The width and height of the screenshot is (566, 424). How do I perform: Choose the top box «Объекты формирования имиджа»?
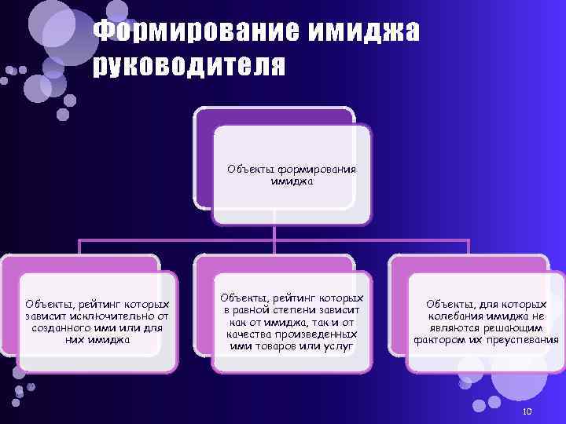pyautogui.click(x=292, y=175)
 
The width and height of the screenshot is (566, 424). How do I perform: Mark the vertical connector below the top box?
pyautogui.click(x=274, y=234)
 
